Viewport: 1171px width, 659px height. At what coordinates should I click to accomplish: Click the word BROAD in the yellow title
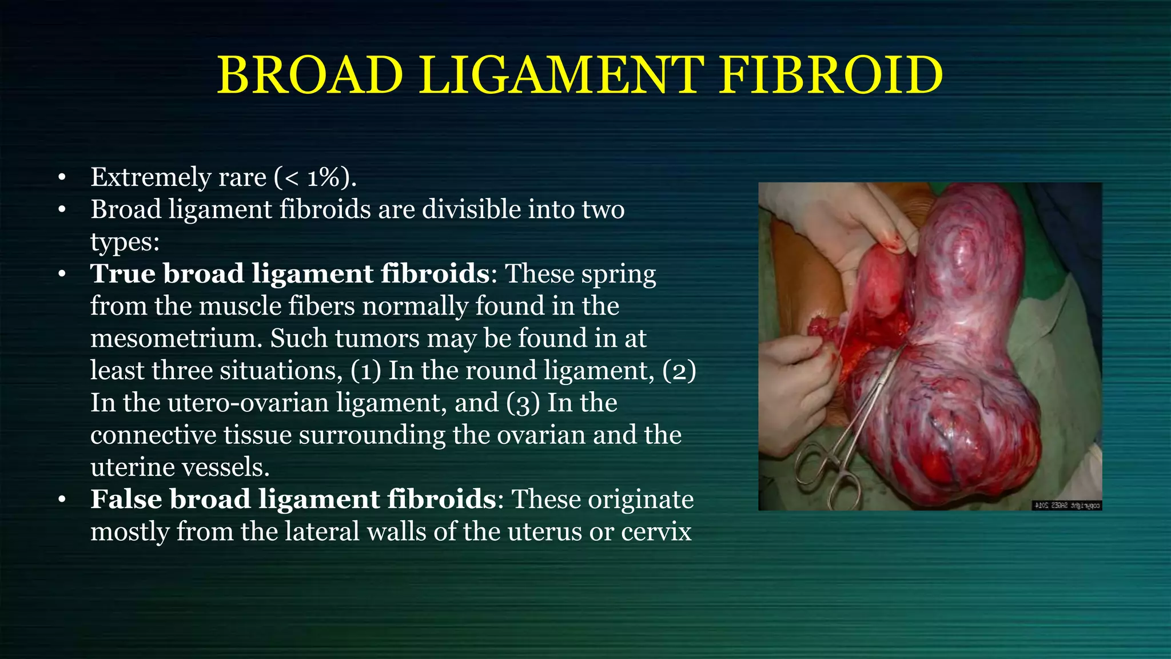coord(310,76)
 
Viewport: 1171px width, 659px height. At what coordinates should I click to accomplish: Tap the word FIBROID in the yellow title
coord(830,76)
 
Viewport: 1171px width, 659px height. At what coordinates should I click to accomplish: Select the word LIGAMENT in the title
coord(561,76)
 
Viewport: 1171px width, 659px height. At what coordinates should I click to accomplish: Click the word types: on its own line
coord(125,242)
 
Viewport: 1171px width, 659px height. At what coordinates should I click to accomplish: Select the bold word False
coord(126,499)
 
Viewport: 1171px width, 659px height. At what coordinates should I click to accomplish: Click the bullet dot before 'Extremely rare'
coord(62,178)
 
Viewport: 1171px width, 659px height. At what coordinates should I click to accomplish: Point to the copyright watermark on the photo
coord(1067,505)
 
